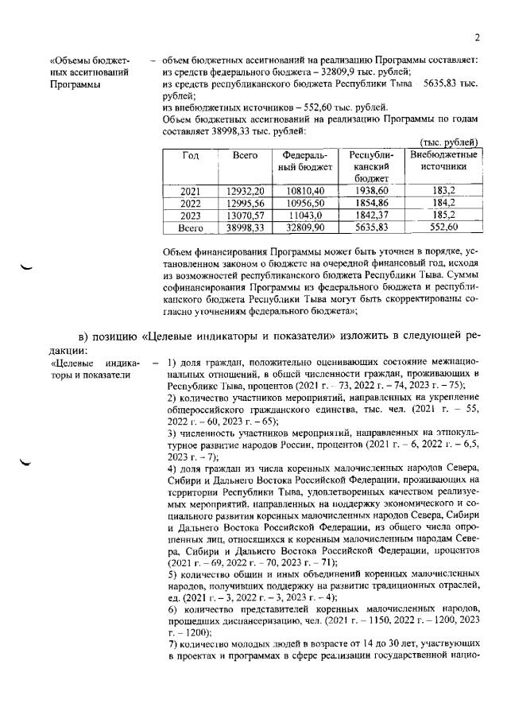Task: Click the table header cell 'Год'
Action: click(x=191, y=155)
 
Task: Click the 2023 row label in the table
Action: click(x=191, y=216)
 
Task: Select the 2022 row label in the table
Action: click(x=191, y=204)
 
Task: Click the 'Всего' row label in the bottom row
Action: click(x=191, y=227)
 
